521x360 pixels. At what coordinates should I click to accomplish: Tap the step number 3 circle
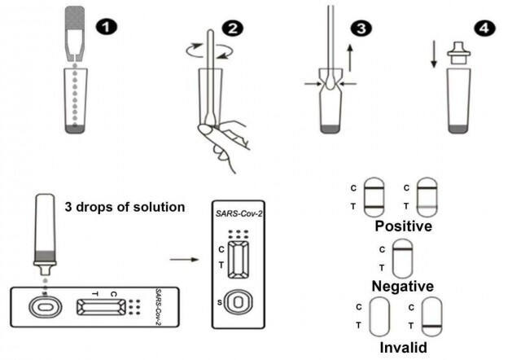358,29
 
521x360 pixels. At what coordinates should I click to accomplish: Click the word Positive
400,226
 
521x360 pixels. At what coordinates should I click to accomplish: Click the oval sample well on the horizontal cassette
41,308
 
